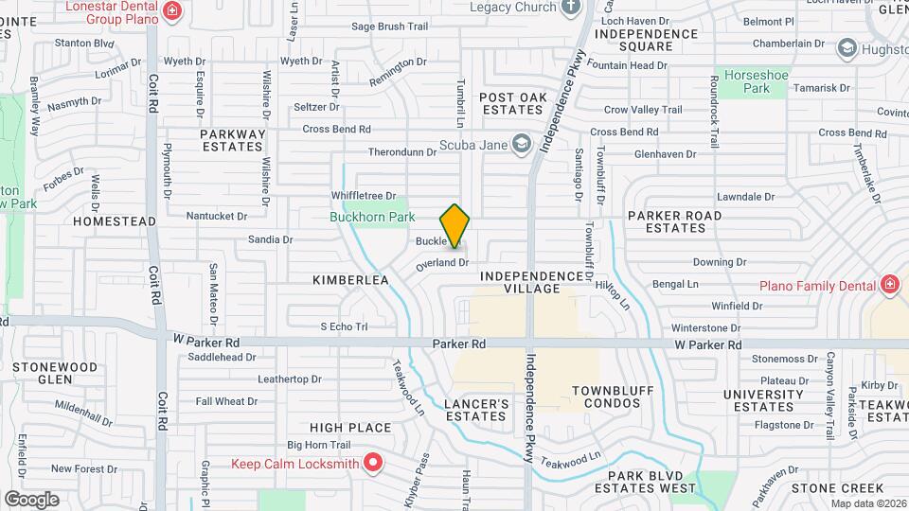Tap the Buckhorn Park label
tap(372, 217)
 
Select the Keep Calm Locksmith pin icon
tap(373, 463)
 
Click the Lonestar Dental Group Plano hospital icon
tap(172, 10)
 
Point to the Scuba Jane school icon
tap(520, 144)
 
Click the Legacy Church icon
tap(570, 8)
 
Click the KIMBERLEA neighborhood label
tap(351, 280)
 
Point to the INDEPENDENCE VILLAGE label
tap(533, 282)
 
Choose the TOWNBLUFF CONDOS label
tap(607, 396)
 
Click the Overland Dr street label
tap(443, 263)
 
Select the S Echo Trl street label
tap(343, 326)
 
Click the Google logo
tap(31, 499)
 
